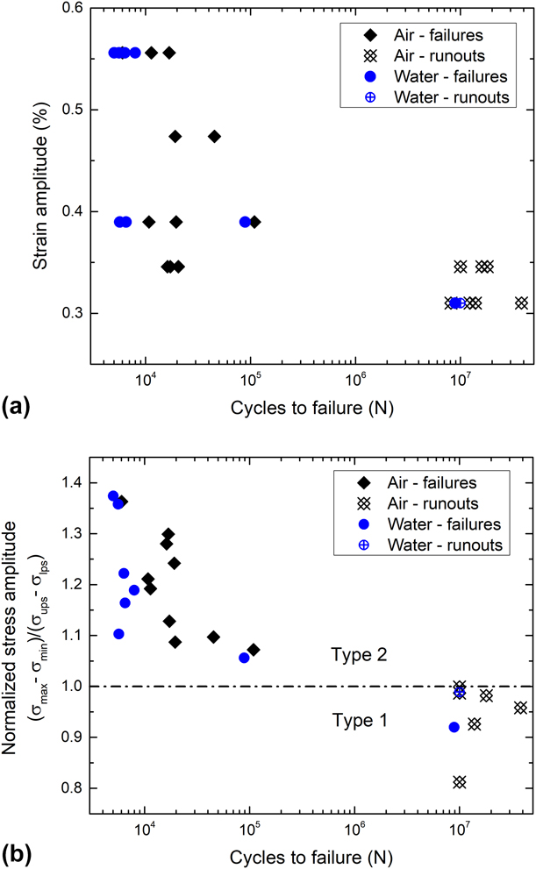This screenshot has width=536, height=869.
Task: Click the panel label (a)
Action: pyautogui.click(x=17, y=406)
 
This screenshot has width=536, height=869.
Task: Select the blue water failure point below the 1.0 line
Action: pyautogui.click(x=454, y=727)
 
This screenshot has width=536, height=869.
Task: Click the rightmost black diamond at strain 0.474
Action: pyautogui.click(x=214, y=136)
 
